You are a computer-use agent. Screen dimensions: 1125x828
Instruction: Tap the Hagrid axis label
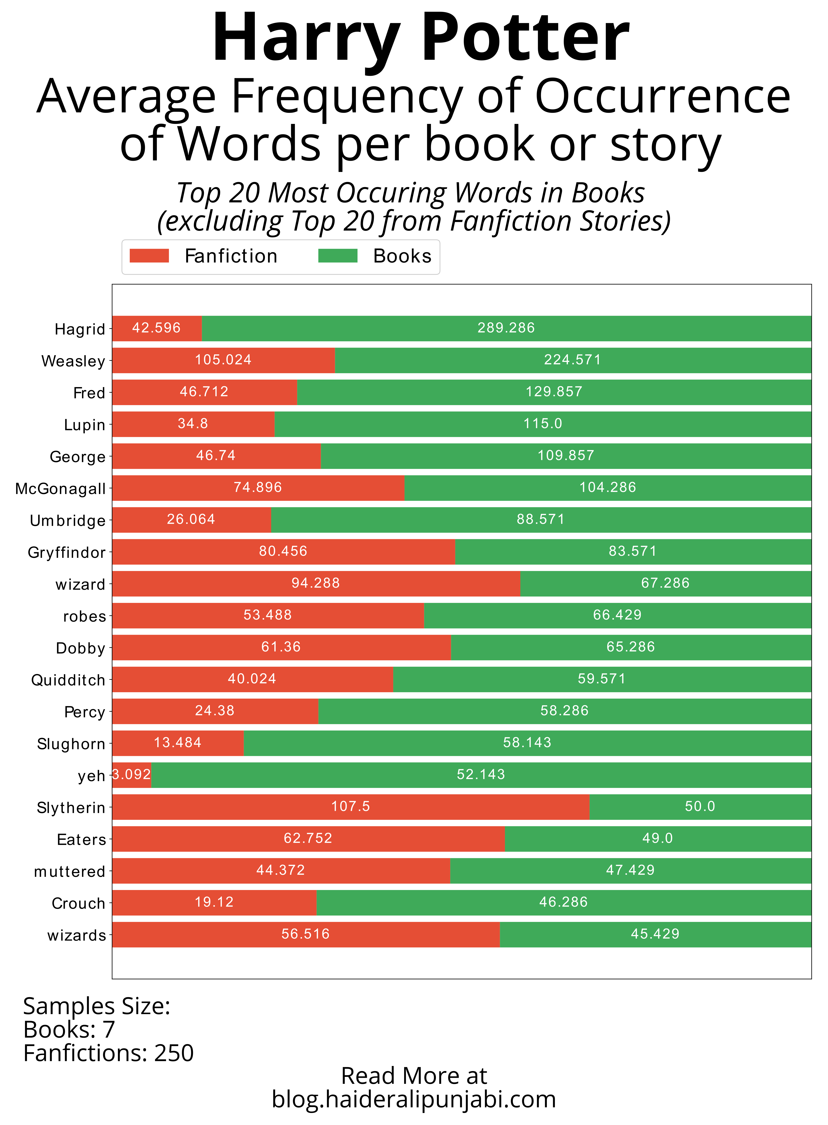pos(80,329)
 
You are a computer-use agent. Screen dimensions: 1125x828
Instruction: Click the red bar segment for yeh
pos(131,775)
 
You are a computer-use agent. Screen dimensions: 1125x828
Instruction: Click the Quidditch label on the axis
pos(68,680)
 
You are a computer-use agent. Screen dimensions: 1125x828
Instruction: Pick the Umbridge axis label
pos(68,521)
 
